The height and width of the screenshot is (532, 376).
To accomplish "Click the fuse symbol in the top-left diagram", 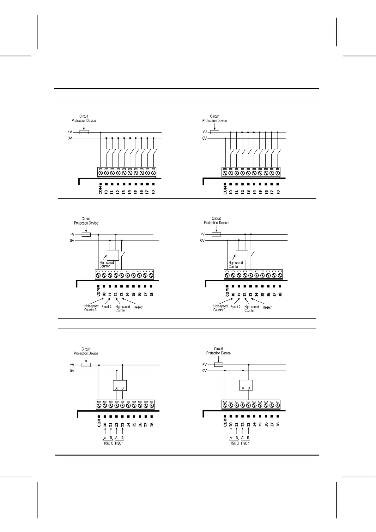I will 84,132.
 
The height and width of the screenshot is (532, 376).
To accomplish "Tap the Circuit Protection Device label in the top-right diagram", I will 215,118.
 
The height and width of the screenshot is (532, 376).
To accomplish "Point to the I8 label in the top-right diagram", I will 278,192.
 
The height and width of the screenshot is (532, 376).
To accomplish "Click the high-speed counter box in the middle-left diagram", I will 113,255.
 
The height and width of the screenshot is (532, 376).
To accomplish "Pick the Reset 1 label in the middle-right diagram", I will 268,307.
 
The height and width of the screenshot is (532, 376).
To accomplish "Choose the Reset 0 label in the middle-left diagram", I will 106,307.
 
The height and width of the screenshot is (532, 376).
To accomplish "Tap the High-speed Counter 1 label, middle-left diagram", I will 122,308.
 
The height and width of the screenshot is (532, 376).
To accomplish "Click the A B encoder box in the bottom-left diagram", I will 120,385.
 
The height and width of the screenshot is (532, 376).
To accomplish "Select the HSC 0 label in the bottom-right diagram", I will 234,443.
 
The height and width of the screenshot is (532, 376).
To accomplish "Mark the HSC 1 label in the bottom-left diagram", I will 119,443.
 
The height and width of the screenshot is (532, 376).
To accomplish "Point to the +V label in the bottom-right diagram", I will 204,365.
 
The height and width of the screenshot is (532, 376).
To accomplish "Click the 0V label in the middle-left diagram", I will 72,241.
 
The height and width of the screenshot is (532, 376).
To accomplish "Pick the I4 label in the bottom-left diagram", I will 128,425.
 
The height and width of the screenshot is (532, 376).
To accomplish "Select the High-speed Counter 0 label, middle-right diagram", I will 220,308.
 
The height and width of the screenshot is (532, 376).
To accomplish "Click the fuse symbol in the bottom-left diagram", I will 86,365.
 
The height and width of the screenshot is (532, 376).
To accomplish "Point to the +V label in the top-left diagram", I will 70,132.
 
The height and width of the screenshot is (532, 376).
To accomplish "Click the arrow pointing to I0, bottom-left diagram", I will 105,431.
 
